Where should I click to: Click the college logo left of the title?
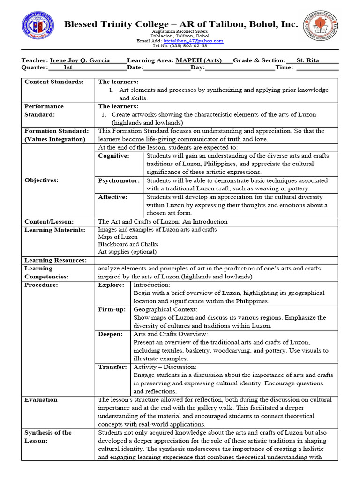tap(38, 27)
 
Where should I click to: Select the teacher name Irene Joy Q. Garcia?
tap(80, 60)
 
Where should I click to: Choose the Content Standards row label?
tap(54, 82)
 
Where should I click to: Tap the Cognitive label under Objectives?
tap(114, 156)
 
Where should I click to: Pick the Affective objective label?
tap(113, 197)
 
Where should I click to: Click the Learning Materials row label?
tap(55, 230)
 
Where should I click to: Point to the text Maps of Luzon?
tap(118, 237)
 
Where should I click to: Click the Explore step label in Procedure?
tap(111, 285)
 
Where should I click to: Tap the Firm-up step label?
tap(112, 309)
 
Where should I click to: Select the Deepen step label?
tap(111, 334)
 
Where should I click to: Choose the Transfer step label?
tap(112, 367)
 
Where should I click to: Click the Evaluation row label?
tap(41, 400)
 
